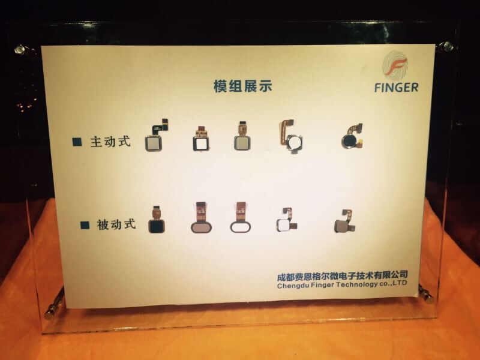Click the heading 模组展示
point(243,86)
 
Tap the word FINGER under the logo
point(397,88)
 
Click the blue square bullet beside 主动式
point(77,142)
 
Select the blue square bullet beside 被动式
point(85,225)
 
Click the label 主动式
point(110,142)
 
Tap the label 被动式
point(116,224)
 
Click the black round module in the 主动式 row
point(352,137)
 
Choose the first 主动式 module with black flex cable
point(157,136)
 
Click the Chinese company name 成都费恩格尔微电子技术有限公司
point(342,275)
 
